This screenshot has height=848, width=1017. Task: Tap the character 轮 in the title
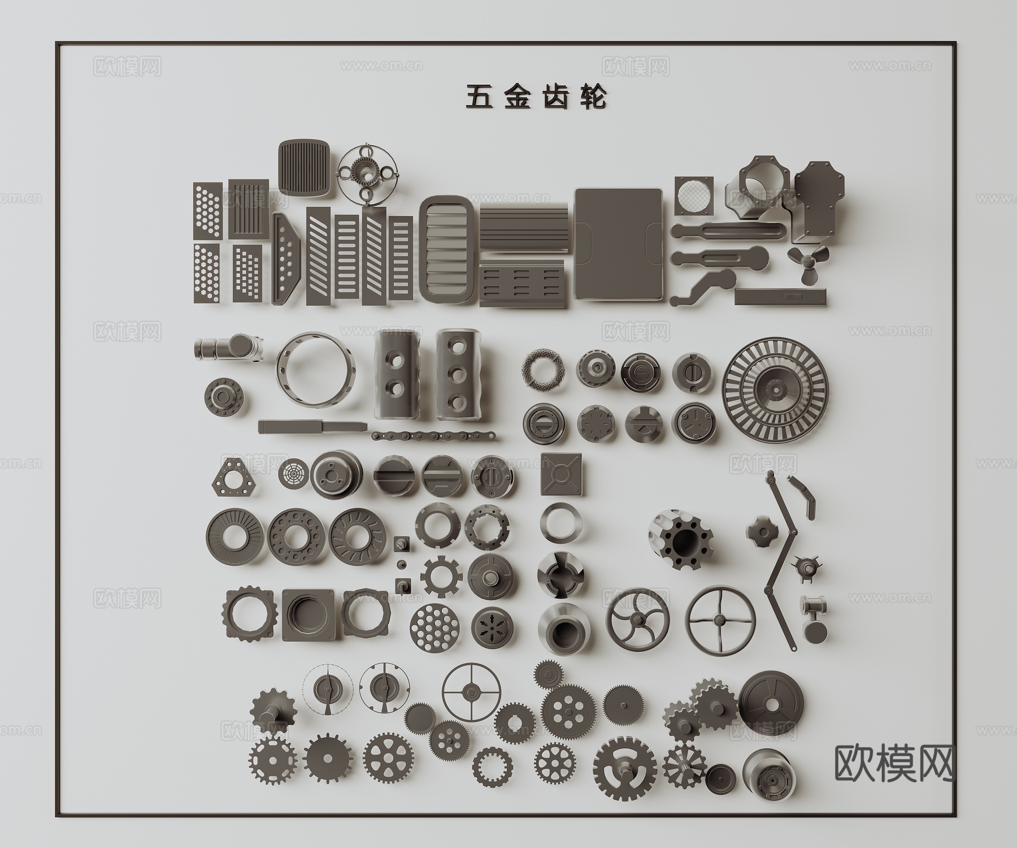click(x=594, y=97)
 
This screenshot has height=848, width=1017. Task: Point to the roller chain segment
click(x=434, y=436)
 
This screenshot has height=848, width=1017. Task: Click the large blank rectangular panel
click(x=619, y=244)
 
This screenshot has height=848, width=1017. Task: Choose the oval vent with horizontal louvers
click(x=448, y=251)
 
